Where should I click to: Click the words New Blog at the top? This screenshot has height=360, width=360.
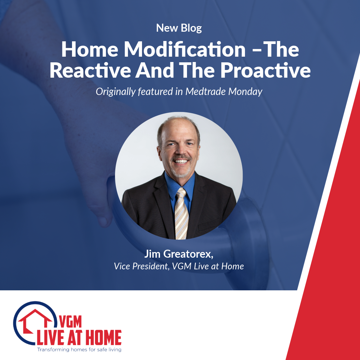click(x=179, y=28)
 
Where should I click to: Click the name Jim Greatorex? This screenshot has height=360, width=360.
click(x=179, y=255)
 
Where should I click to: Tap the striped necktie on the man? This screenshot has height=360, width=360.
click(x=181, y=213)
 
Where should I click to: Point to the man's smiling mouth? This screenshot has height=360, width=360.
click(x=181, y=161)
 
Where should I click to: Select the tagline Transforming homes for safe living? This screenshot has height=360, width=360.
click(x=79, y=350)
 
